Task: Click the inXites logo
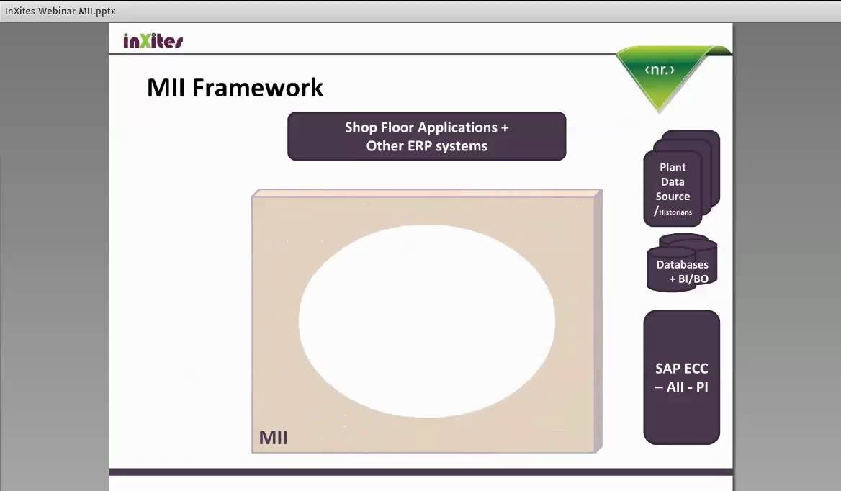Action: [153, 41]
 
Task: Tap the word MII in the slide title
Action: [167, 88]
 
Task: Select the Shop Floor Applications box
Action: [426, 136]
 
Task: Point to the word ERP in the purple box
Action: [427, 146]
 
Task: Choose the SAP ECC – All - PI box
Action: [681, 377]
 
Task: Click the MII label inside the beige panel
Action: [273, 438]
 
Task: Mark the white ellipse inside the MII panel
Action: [426, 321]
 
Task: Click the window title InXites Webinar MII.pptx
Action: [60, 11]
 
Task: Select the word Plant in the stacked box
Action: [673, 167]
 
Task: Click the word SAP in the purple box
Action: [667, 369]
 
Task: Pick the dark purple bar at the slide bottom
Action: [420, 472]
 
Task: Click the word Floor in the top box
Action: [397, 127]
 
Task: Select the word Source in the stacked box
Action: [673, 197]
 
